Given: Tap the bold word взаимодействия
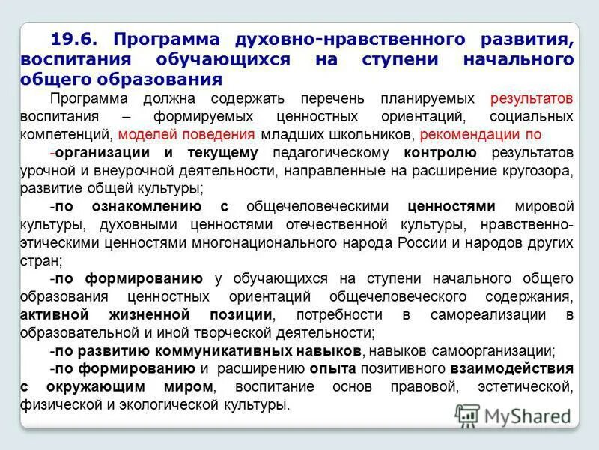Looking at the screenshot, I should [512, 368].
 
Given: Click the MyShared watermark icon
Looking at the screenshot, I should [467, 415].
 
